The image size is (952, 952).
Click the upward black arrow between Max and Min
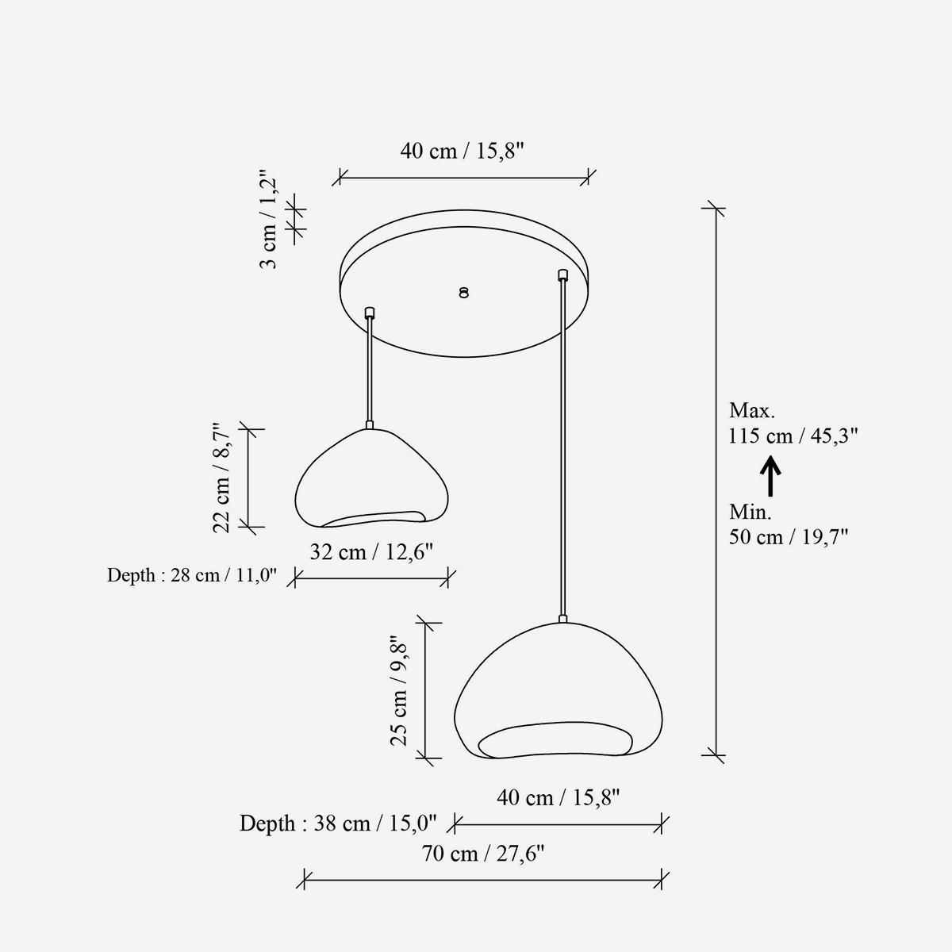[x=770, y=476]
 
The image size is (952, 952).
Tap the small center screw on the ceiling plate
[x=463, y=293]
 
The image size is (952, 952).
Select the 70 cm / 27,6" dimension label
[x=482, y=854]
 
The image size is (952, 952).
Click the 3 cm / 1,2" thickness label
[x=268, y=219]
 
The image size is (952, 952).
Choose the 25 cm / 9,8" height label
[x=398, y=690]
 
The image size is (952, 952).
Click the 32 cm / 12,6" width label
[x=371, y=552]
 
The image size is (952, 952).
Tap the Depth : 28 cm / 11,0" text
[x=192, y=575]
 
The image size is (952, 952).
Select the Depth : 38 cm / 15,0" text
[x=338, y=823]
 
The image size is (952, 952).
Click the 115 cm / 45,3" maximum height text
[x=793, y=436]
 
